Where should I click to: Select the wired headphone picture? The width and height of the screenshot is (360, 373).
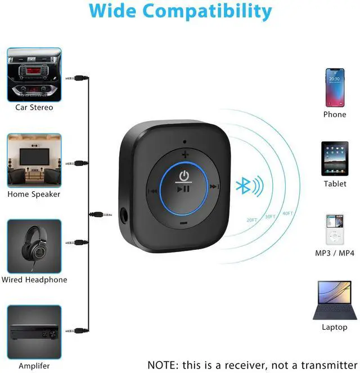[34, 246]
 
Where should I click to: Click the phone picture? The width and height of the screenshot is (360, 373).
[334, 87]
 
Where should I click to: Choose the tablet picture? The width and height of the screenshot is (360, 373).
[335, 159]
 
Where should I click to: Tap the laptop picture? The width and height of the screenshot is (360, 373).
[334, 300]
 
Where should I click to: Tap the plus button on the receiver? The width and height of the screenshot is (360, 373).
[184, 154]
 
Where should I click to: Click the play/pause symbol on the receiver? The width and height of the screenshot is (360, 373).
[183, 190]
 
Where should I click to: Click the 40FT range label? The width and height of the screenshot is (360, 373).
[287, 213]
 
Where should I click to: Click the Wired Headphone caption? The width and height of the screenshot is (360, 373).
[34, 280]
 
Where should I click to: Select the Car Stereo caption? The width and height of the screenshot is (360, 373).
[34, 107]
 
